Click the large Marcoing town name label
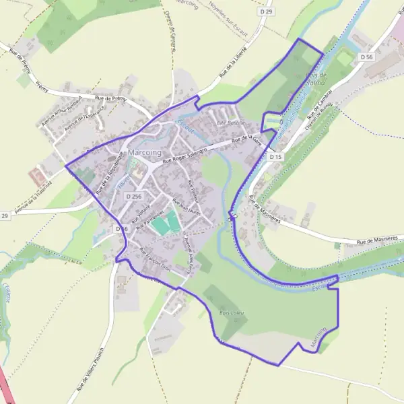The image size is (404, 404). coord(144,153)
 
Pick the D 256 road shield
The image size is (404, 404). coord(133,196)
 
